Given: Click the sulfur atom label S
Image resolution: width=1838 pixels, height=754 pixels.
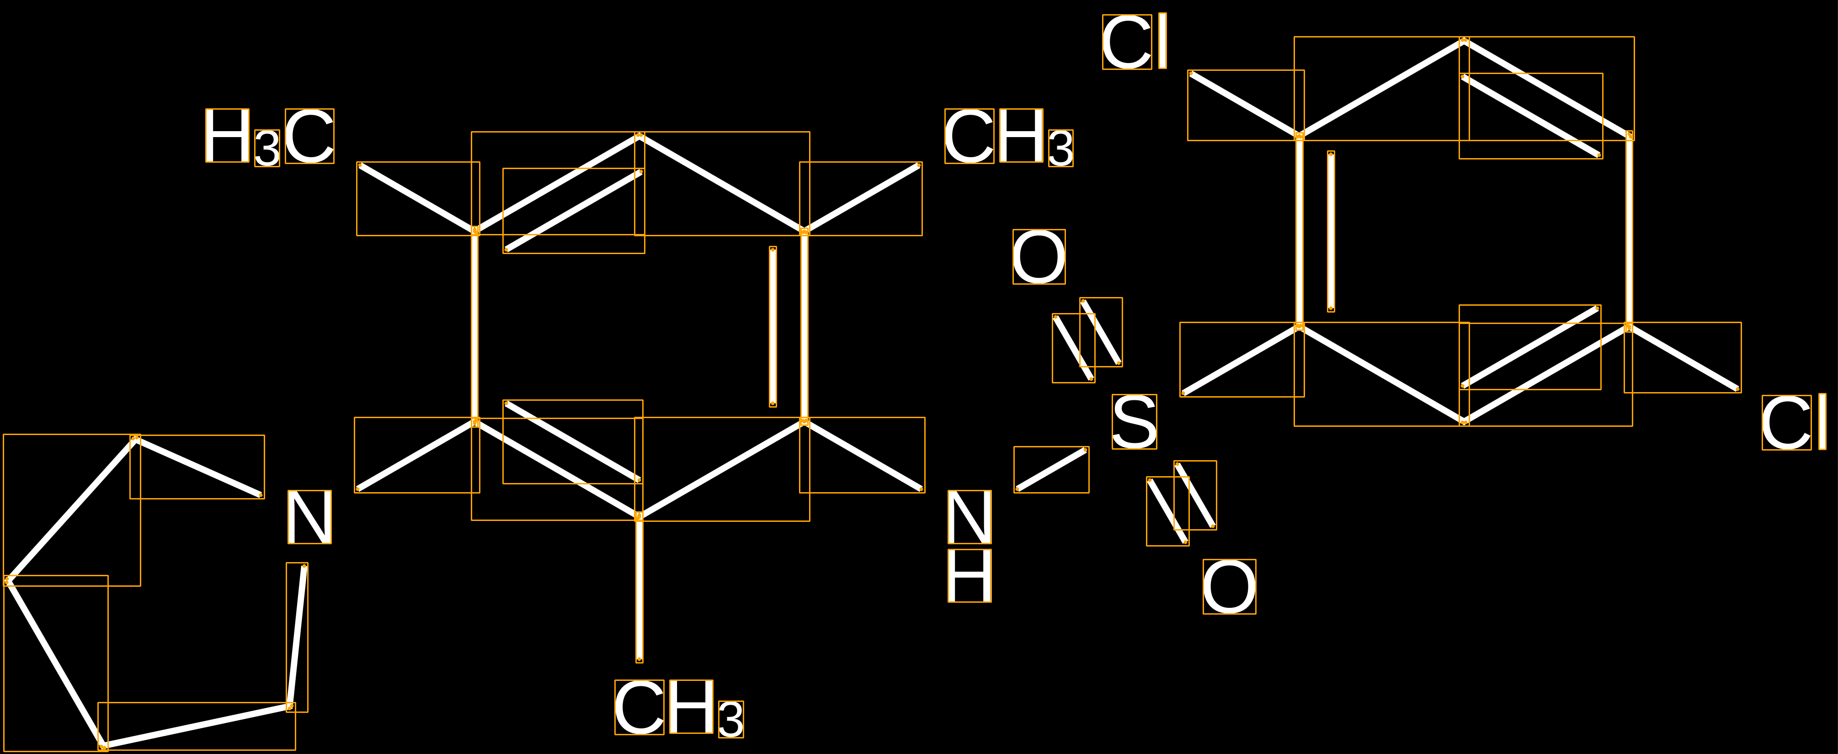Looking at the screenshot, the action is (x=1134, y=422).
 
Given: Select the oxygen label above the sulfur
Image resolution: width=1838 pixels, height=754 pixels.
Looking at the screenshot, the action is (x=1039, y=257).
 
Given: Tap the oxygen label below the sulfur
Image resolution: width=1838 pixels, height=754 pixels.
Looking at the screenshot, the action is (x=1230, y=586).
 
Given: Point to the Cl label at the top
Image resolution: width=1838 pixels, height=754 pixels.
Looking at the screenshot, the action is (x=1135, y=42).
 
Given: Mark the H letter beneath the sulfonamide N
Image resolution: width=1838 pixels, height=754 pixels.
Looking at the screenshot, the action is (x=969, y=575).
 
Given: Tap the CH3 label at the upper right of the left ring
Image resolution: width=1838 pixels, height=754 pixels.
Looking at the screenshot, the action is (x=1009, y=137).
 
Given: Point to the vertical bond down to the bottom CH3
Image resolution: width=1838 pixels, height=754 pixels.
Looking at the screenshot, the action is (x=639, y=587).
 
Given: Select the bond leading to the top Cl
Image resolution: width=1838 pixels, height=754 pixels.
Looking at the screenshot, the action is (x=1245, y=104).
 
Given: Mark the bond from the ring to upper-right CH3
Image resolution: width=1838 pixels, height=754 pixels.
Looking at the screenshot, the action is (x=861, y=198).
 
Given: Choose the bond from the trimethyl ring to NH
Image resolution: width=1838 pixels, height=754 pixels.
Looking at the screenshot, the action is (x=862, y=455).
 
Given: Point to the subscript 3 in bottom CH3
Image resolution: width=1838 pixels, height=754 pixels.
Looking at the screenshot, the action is (x=731, y=720).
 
